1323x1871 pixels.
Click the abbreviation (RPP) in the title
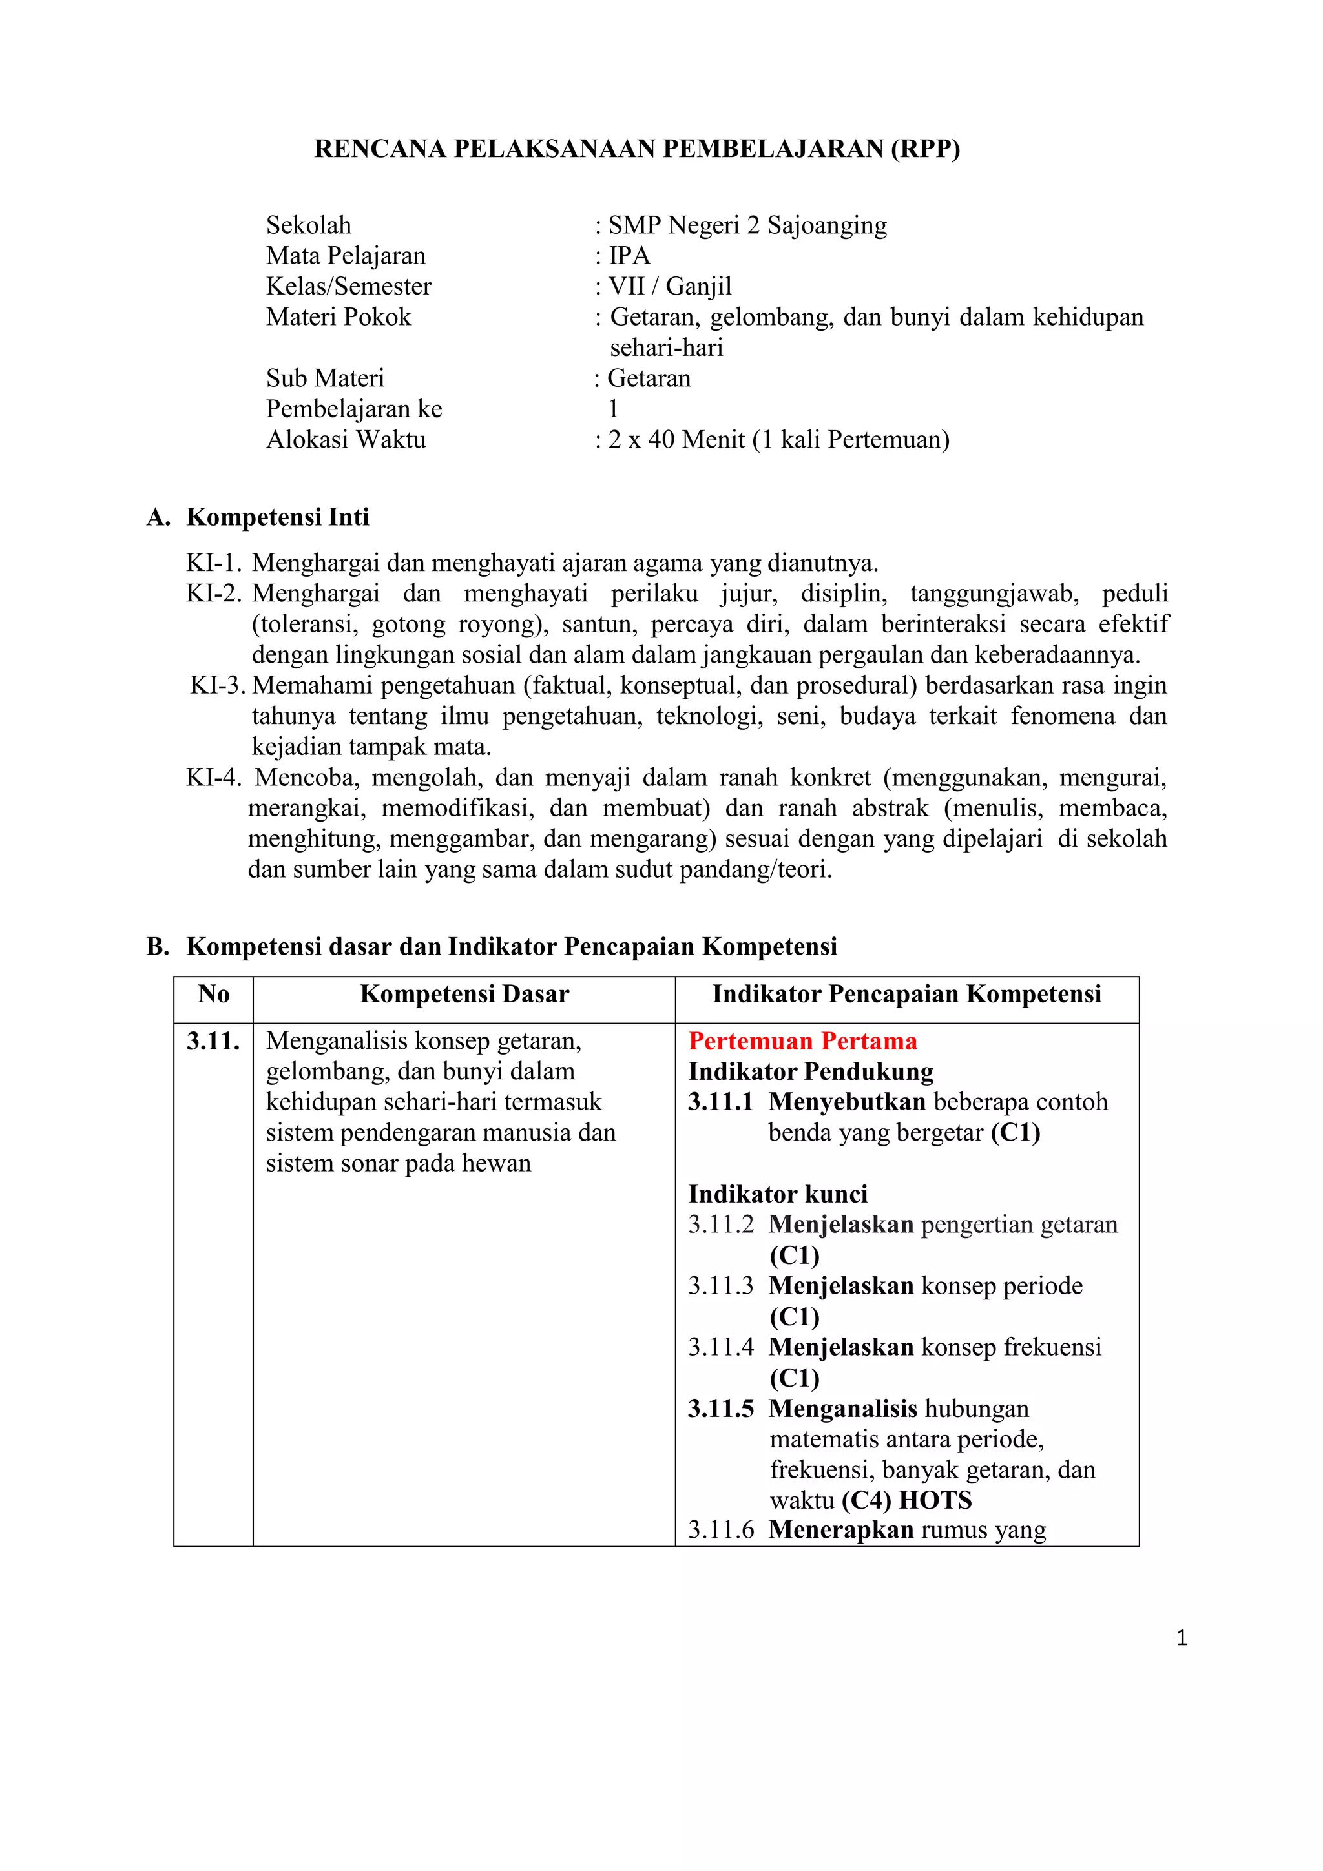point(924,149)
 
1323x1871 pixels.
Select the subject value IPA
point(629,256)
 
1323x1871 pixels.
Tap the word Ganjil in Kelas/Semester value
point(698,287)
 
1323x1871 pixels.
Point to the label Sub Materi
point(324,378)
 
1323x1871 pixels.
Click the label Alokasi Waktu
point(346,440)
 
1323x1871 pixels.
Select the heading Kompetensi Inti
point(277,517)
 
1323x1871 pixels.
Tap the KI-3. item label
point(218,685)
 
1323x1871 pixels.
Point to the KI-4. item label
point(214,778)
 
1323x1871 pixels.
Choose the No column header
point(214,994)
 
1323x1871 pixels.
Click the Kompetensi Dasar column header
point(464,994)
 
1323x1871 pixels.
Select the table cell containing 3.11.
point(214,1042)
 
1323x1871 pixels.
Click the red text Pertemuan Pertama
point(802,1042)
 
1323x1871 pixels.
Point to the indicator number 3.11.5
point(720,1409)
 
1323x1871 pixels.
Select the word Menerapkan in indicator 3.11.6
point(840,1531)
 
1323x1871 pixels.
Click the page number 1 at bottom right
point(1181,1638)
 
